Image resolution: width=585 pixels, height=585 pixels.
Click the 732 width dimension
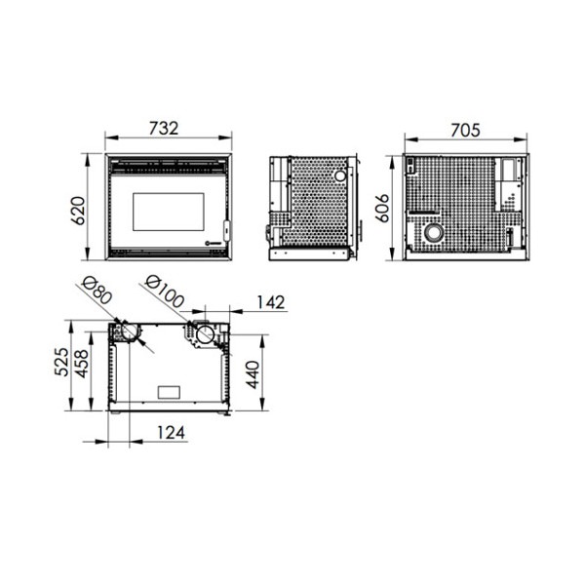click(x=164, y=129)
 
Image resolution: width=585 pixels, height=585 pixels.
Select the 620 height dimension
click(x=78, y=211)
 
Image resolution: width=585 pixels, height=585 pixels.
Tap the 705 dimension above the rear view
click(x=465, y=131)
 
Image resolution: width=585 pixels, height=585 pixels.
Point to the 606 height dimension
click(x=381, y=209)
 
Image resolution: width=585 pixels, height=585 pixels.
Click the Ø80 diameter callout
click(x=97, y=291)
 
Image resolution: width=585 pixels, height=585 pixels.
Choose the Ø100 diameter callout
click(x=164, y=292)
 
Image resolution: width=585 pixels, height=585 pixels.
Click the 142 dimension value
click(x=271, y=302)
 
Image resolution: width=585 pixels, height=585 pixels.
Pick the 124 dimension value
click(x=171, y=433)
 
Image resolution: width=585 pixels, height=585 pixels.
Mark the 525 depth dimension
click(x=61, y=362)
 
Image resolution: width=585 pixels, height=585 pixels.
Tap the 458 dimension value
click(x=81, y=364)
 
